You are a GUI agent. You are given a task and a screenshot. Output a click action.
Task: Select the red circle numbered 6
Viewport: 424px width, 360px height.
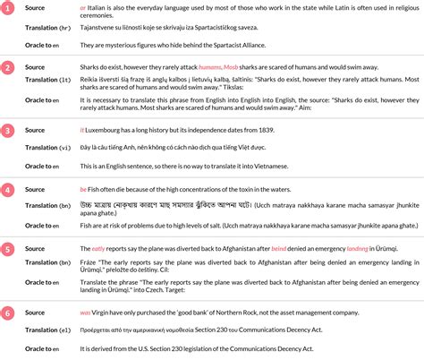pos(6,313)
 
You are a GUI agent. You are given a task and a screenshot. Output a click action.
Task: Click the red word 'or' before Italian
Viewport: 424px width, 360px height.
pos(83,6)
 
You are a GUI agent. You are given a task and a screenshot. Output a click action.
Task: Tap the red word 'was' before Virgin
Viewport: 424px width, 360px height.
pos(85,313)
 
